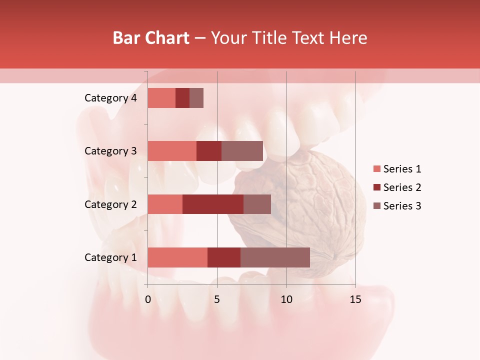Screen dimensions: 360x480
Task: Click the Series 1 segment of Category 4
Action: [161, 98]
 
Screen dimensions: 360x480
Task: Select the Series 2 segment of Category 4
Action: [182, 98]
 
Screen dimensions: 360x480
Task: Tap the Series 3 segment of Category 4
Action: [196, 98]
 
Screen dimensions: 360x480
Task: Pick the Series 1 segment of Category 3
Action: [172, 151]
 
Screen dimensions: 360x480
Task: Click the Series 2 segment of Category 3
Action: [209, 151]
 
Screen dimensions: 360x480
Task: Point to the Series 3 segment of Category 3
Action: [242, 151]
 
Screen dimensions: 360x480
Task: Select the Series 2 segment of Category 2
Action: [213, 204]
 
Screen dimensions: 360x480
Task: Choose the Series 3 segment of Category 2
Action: [257, 204]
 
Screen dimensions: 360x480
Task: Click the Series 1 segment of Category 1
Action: [177, 257]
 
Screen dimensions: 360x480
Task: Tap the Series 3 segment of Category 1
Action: [275, 257]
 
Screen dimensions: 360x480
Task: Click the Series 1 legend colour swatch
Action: [376, 169]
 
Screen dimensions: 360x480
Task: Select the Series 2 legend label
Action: [402, 187]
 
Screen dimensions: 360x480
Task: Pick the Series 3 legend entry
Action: [397, 206]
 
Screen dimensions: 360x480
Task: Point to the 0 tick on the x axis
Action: [148, 299]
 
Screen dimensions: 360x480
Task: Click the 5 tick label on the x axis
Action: [217, 299]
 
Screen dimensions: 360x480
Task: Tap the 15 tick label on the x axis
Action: [355, 299]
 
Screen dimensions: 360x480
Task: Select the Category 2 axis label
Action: [110, 204]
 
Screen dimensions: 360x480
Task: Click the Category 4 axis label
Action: [110, 98]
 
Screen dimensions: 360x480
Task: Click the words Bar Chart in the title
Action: [151, 37]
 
